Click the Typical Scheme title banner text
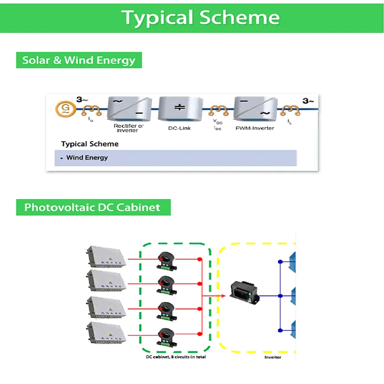pos(201,17)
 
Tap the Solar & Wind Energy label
pos(79,60)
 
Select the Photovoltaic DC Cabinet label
pos(92,207)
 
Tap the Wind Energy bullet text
pos(87,157)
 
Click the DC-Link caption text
pos(180,128)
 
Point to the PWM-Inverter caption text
pos(255,128)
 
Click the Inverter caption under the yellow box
pos(273,357)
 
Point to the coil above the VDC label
pos(219,111)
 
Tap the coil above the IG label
pos(91,111)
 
